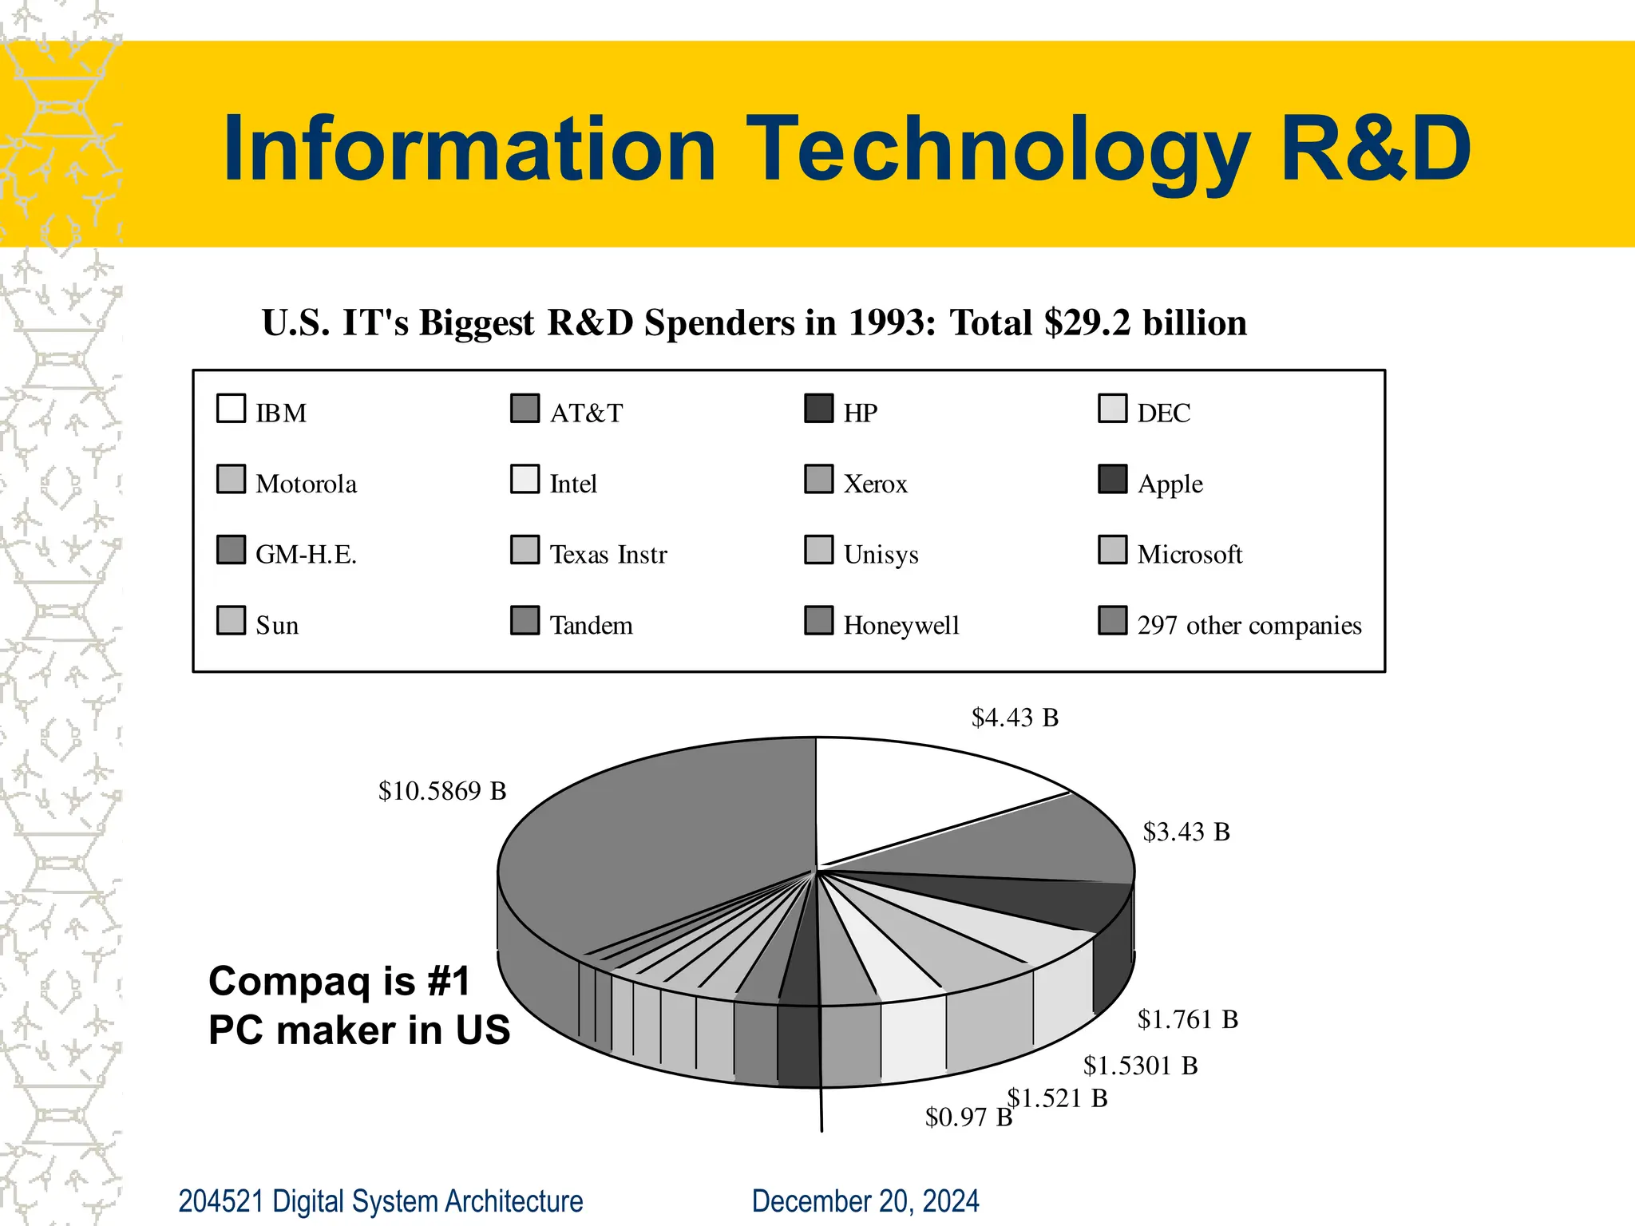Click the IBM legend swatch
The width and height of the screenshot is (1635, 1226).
coord(231,409)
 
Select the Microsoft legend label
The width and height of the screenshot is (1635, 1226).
coord(1190,555)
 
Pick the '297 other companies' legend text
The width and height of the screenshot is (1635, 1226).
coord(1249,625)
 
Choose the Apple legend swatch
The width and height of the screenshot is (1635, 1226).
coord(1112,480)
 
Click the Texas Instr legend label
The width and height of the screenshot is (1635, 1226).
coord(608,555)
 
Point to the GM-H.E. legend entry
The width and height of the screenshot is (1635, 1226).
coord(305,555)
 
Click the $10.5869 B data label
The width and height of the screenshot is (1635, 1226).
coord(442,791)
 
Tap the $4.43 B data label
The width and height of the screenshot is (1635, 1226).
coord(1015,718)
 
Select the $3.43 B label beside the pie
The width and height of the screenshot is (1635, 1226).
coord(1186,832)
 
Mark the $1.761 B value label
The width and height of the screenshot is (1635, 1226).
coord(1188,1019)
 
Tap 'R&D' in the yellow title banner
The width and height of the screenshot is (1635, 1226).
coord(1375,149)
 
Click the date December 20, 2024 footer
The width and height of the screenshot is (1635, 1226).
coord(865,1201)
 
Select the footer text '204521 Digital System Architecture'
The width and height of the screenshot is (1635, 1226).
coord(380,1201)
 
